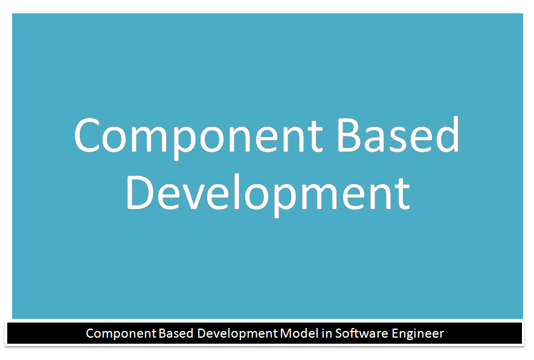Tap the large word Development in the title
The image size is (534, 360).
(268, 192)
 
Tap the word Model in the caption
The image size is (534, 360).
(297, 333)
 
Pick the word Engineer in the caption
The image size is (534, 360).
(417, 333)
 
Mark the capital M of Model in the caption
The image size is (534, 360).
(286, 333)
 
